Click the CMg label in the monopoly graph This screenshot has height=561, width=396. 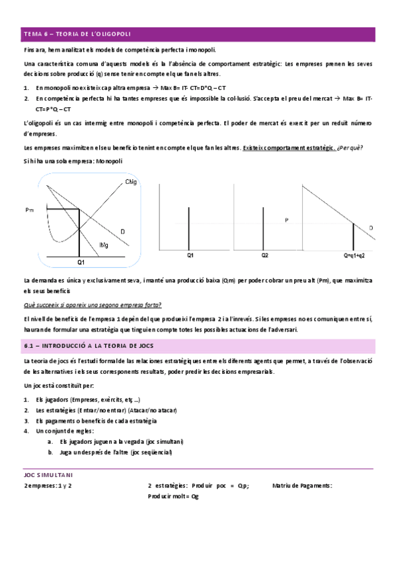130,182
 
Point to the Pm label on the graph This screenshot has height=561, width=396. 30,210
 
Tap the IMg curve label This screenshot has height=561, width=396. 104,245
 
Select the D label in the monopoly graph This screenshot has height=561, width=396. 123,230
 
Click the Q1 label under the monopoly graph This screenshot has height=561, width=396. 81,262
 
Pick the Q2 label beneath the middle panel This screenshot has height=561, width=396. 264,255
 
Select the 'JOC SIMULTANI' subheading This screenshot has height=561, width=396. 48,475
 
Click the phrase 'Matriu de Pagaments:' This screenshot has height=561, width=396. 302,486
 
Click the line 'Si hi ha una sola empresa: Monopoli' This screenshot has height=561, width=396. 73,161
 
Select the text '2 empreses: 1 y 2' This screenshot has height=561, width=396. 47,486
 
